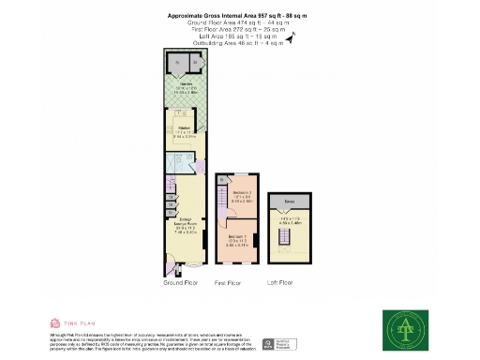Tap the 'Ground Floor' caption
click(x=179, y=281)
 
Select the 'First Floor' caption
click(x=230, y=281)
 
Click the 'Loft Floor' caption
click(x=281, y=281)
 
